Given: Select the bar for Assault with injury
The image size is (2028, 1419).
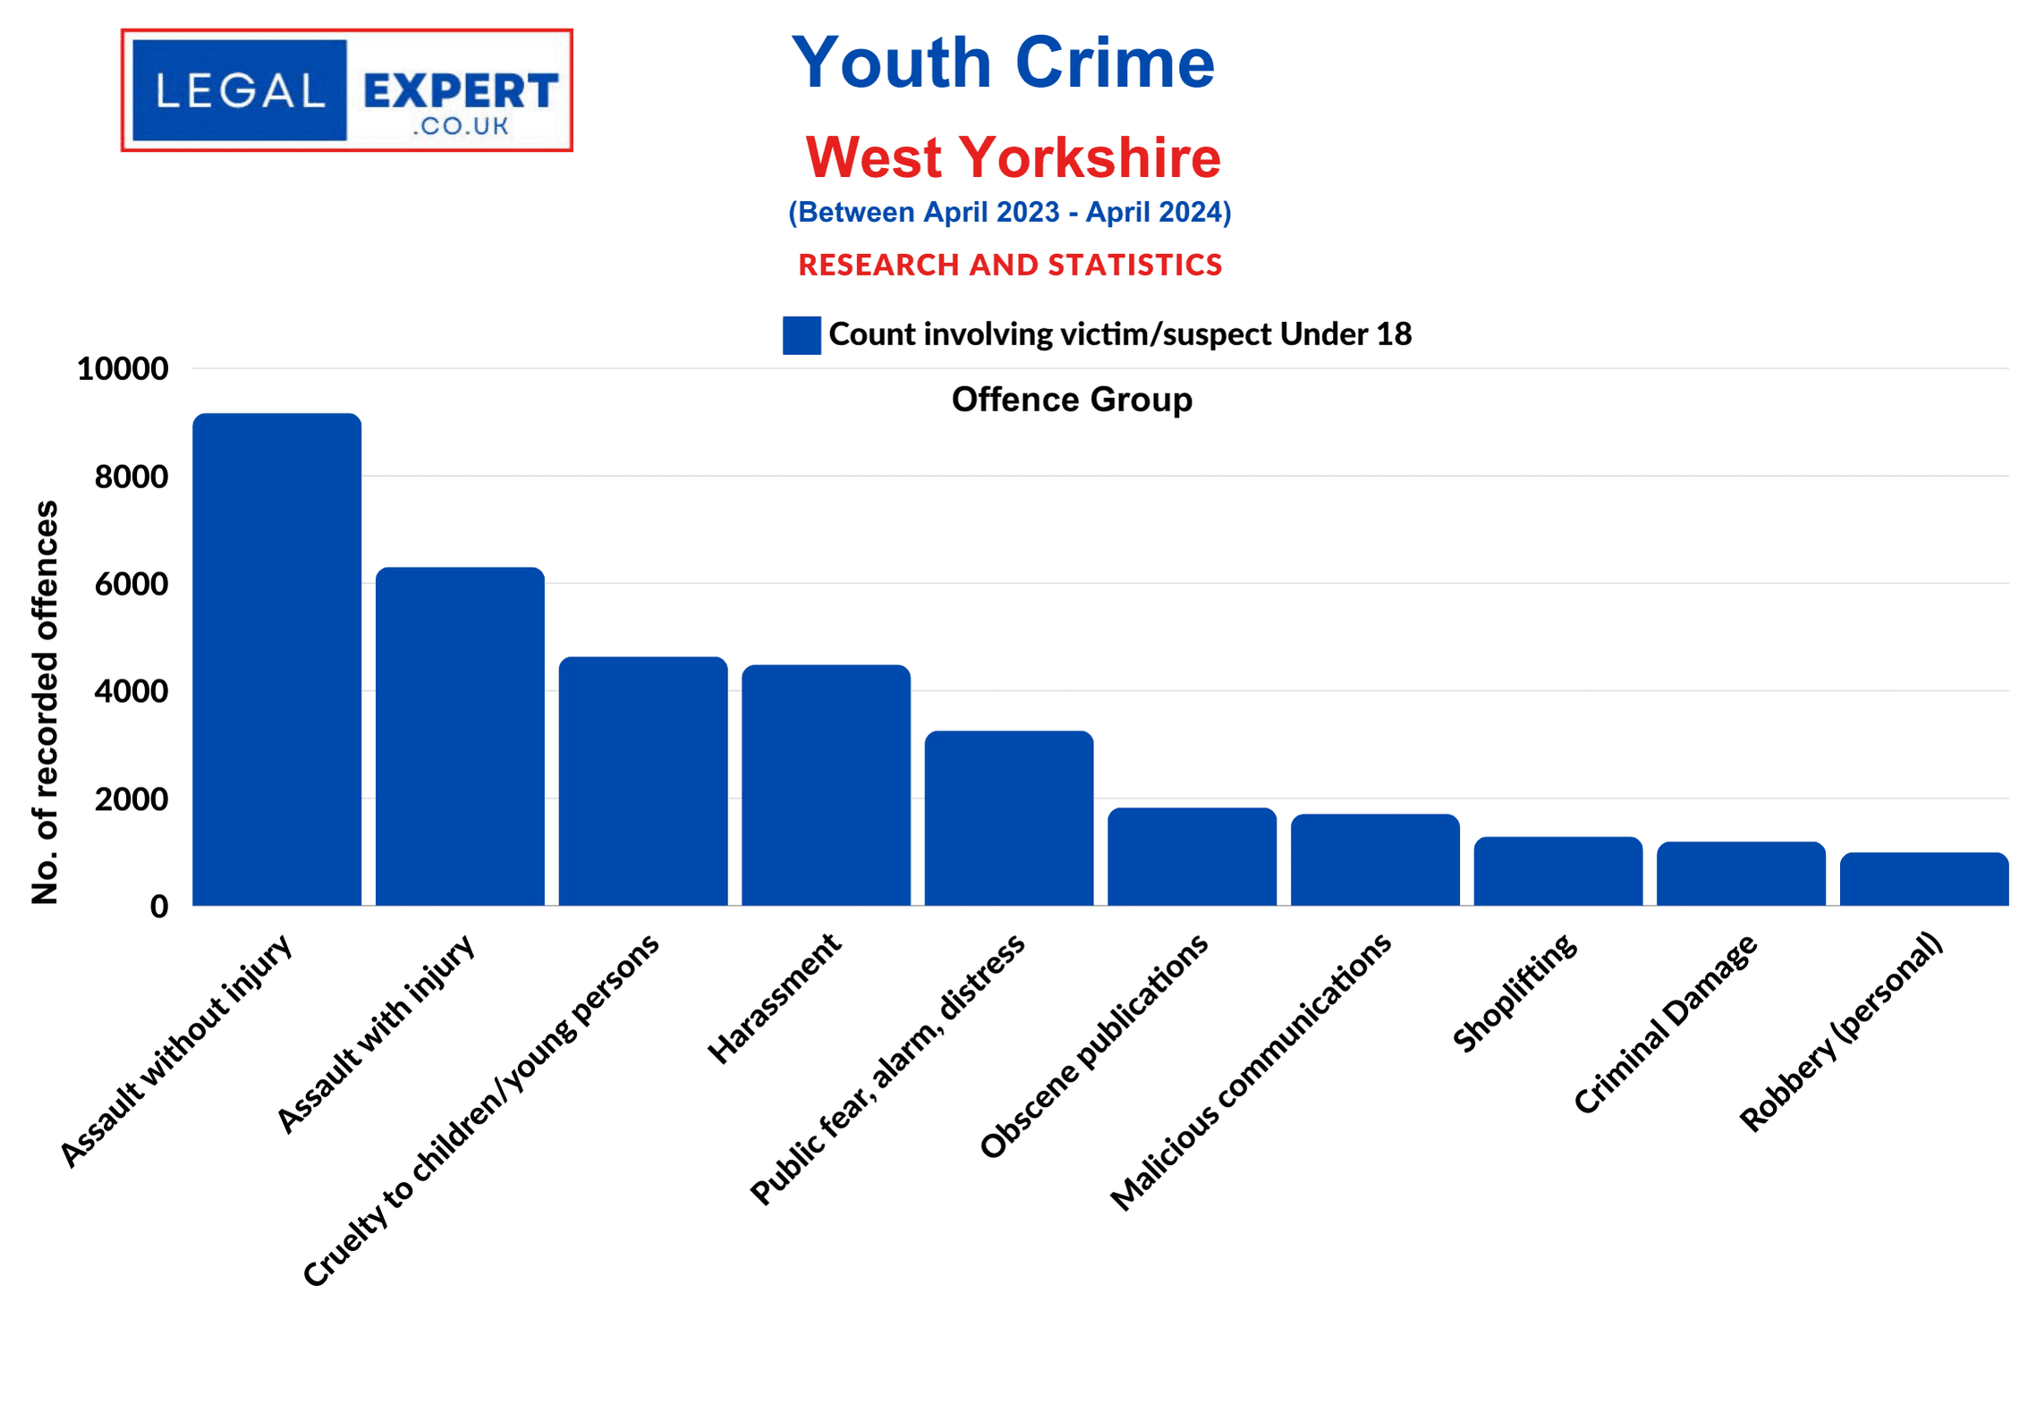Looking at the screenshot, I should click(460, 737).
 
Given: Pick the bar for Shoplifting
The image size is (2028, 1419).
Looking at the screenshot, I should click(1557, 871).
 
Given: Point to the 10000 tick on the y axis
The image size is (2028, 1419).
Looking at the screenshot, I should click(123, 369).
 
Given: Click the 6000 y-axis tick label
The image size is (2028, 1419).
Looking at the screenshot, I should click(132, 584).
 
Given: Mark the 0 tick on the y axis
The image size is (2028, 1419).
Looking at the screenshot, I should click(159, 907).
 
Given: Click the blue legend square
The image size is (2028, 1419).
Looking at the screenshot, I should click(802, 335).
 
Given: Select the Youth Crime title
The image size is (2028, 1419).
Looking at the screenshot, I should click(1003, 63).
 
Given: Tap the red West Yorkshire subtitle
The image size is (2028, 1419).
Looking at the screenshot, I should click(1013, 157).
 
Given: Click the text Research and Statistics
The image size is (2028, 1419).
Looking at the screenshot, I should click(1010, 265).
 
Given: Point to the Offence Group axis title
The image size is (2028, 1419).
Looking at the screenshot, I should click(1072, 400).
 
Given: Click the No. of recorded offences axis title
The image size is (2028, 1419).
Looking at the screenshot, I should click(45, 702).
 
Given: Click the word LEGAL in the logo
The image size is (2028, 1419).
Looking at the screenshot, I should click(240, 91).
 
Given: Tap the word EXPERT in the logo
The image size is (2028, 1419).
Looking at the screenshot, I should click(461, 91).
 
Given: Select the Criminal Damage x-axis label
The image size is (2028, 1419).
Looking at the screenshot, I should click(1665, 1024).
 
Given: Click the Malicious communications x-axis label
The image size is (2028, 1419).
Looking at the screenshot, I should click(1250, 1072).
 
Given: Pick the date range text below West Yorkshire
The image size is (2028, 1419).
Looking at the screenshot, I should click(1009, 212).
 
